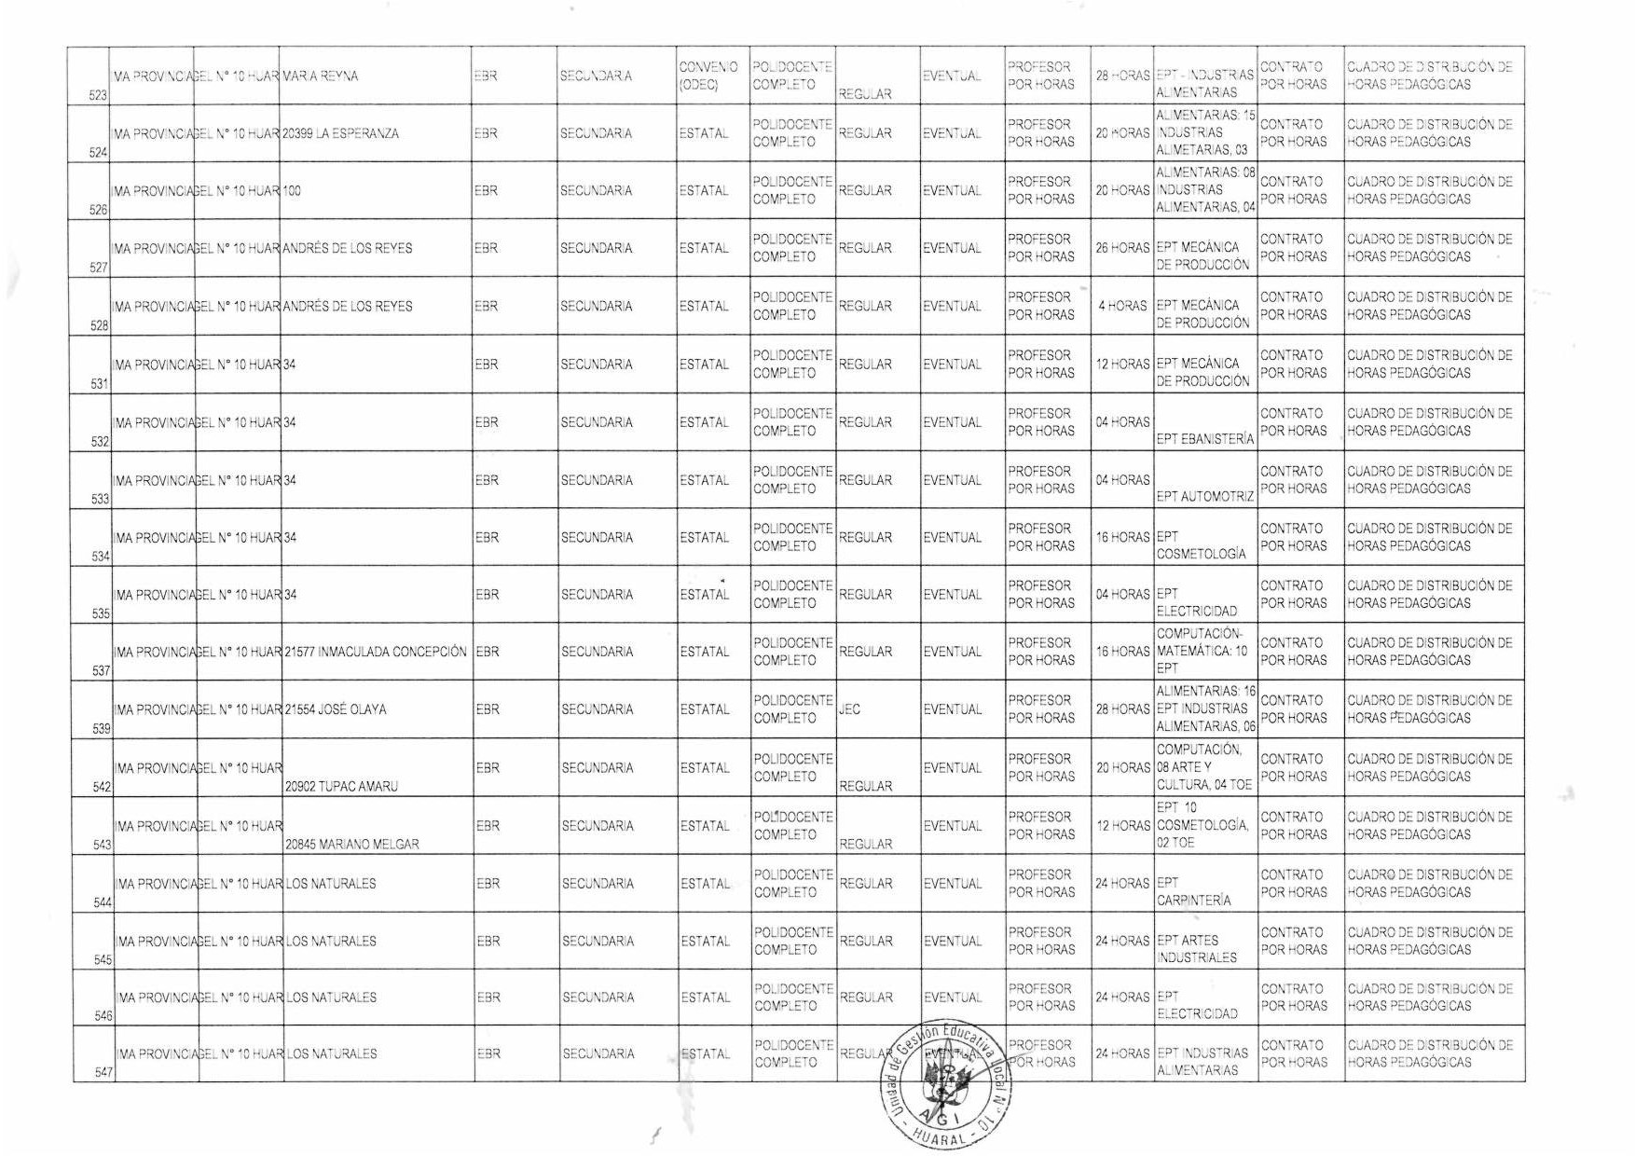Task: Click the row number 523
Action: (x=98, y=95)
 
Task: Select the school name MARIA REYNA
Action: (x=320, y=76)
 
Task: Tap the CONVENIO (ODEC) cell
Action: (x=708, y=76)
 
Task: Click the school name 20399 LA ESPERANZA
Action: (x=340, y=133)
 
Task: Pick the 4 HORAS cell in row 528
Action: (x=1122, y=306)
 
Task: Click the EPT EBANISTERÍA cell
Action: (x=1204, y=439)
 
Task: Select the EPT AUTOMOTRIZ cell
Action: (x=1204, y=497)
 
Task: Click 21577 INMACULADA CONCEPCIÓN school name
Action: (x=376, y=652)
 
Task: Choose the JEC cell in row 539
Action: (x=849, y=709)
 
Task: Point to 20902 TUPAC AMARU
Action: (x=341, y=786)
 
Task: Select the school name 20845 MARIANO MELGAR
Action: (x=351, y=844)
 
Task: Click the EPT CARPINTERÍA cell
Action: (x=1193, y=891)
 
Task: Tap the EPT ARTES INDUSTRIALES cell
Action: (x=1197, y=949)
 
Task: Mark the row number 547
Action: (x=103, y=1073)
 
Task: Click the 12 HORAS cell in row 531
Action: (x=1122, y=364)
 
